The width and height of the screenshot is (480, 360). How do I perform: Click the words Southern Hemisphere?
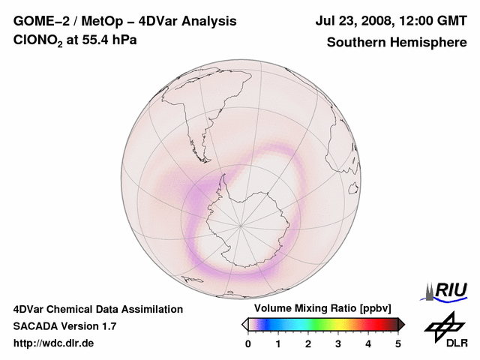point(396,42)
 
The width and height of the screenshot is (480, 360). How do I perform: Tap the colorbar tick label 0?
point(248,343)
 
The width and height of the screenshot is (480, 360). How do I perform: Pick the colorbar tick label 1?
point(278,343)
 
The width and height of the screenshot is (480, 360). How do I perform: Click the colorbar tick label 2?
point(308,343)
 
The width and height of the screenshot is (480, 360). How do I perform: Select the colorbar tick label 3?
point(338,343)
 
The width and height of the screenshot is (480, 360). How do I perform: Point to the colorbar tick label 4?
point(368,343)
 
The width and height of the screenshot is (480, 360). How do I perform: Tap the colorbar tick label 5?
point(398,343)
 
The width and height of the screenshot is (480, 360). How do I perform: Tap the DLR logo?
point(445,331)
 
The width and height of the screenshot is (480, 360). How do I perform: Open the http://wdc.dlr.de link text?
point(54,343)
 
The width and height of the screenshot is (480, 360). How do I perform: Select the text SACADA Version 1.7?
point(64,326)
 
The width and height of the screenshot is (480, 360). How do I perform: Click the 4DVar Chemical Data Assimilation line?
point(97,309)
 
